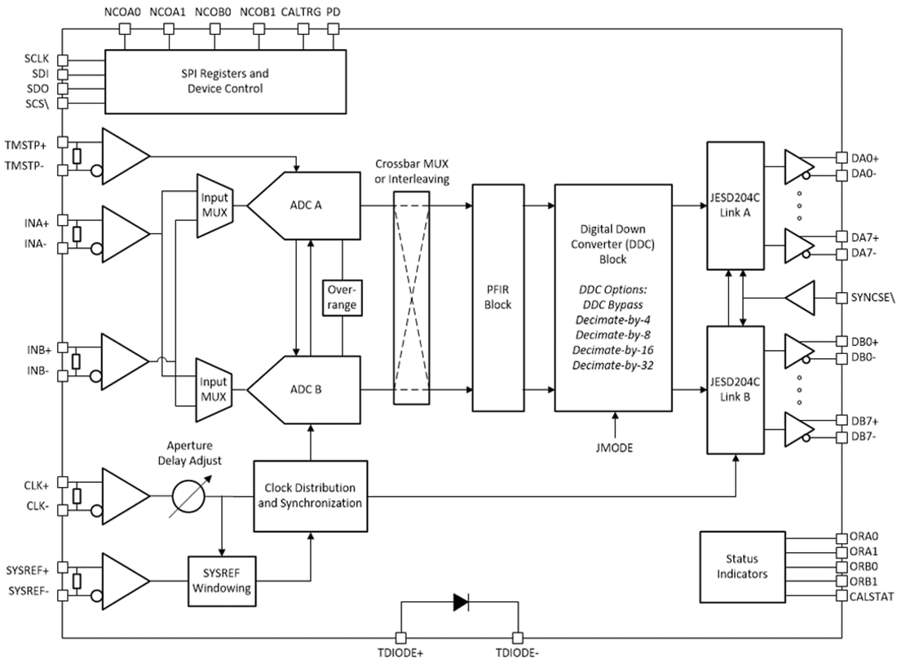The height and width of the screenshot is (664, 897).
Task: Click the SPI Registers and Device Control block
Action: pos(225,82)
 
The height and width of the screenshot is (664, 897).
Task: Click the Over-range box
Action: pos(342,297)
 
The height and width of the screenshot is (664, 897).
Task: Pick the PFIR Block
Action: pos(498,297)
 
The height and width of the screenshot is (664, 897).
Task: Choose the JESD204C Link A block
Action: pos(736,205)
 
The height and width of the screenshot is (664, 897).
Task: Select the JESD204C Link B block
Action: pos(736,389)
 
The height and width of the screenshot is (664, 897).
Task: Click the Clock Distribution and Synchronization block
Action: pos(310,496)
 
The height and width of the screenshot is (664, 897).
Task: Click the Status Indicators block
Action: pos(742,567)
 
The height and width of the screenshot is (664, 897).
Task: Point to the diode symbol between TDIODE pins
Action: pos(460,603)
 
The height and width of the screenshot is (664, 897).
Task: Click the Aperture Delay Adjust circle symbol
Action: pos(188,496)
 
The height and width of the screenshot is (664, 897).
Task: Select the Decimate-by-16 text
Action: pos(613,350)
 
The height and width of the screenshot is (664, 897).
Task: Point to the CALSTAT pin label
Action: pos(873,597)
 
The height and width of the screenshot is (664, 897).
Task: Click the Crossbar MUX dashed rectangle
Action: pos(413,297)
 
